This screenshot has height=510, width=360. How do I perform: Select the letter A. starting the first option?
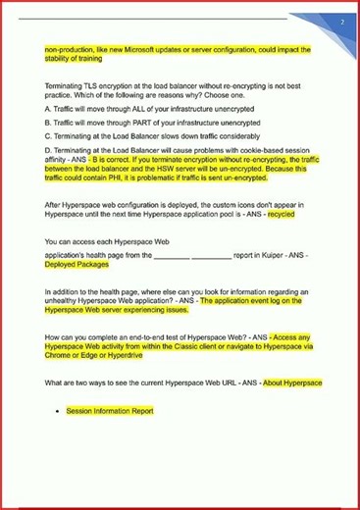tap(48, 108)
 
